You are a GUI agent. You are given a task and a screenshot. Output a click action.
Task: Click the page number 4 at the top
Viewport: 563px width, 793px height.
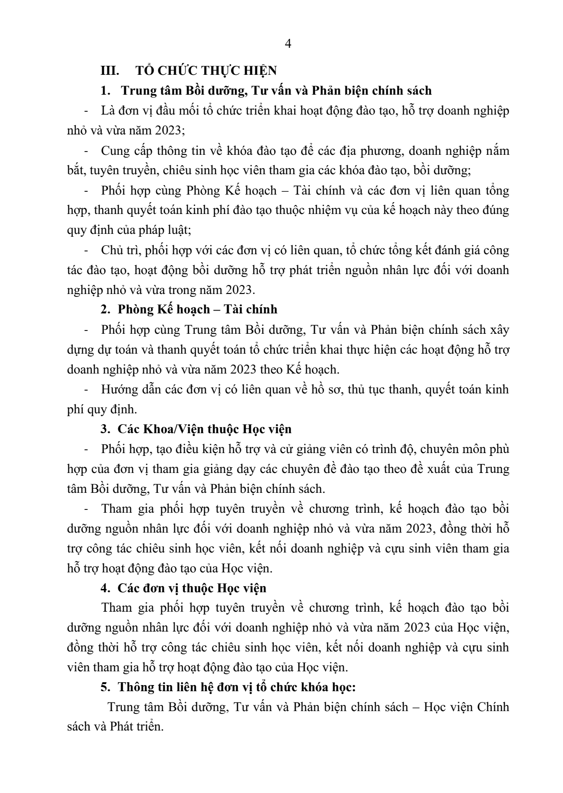[x=288, y=45]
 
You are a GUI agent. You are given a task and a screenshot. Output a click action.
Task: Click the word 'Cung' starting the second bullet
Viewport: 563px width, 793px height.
[x=113, y=151]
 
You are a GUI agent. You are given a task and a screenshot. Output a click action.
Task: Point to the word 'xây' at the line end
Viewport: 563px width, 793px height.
[x=499, y=330]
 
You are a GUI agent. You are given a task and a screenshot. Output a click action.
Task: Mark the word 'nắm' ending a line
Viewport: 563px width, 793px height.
[x=498, y=151]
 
